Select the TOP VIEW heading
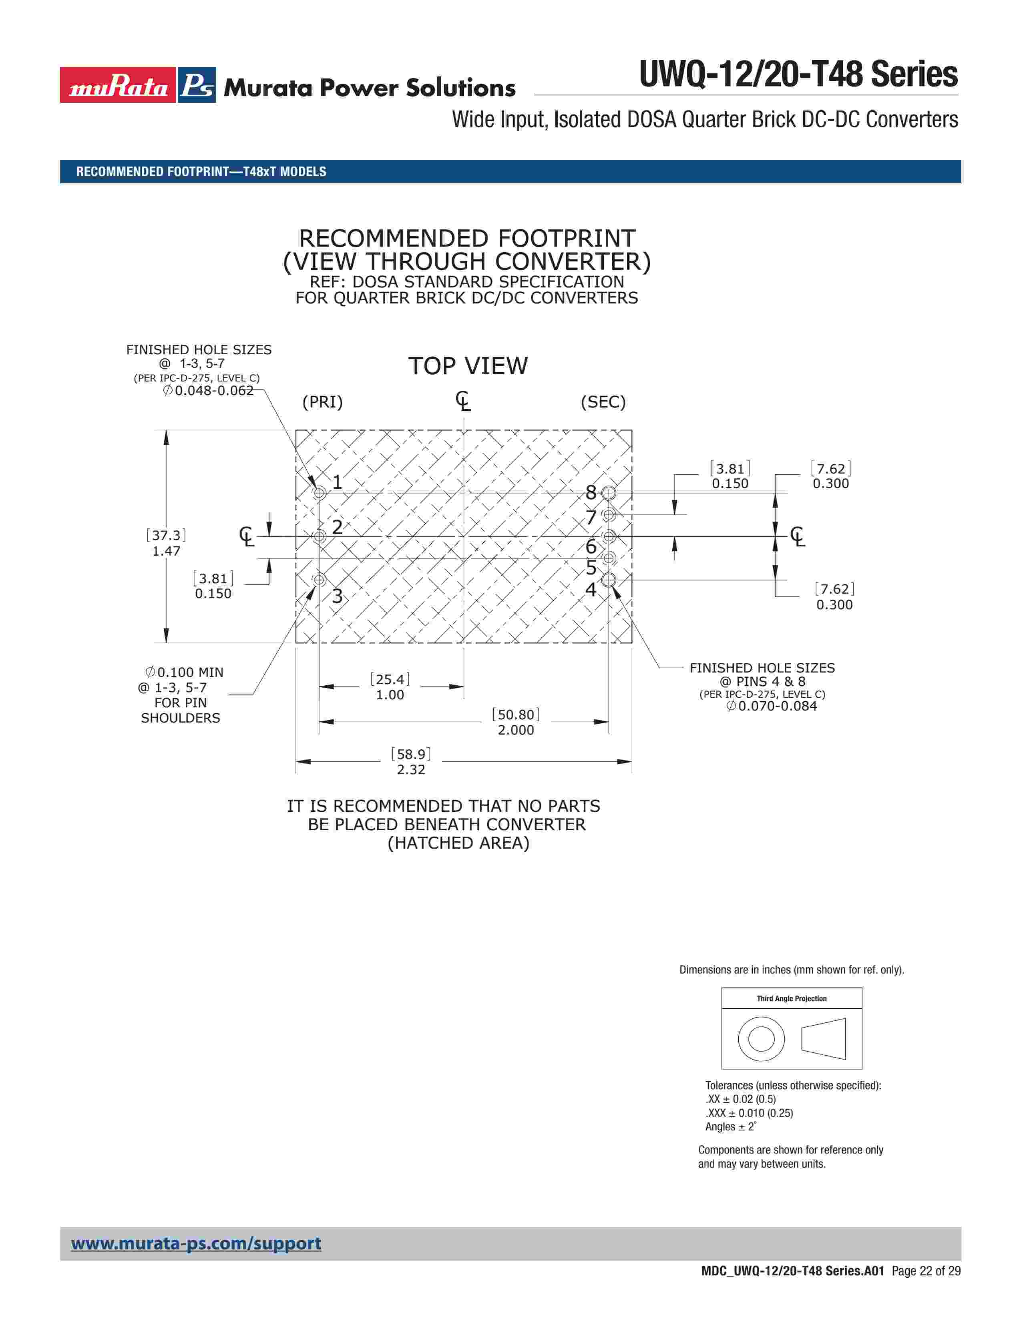468,366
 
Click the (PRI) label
322,402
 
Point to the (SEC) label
603,402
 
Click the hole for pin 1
320,493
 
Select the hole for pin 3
320,580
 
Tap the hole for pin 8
609,493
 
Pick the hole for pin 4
609,580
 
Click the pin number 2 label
337,527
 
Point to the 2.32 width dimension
411,769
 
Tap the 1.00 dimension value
390,695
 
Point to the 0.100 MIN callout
189,673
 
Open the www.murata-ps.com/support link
196,1244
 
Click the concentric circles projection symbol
761,1039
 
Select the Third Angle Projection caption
791,999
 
